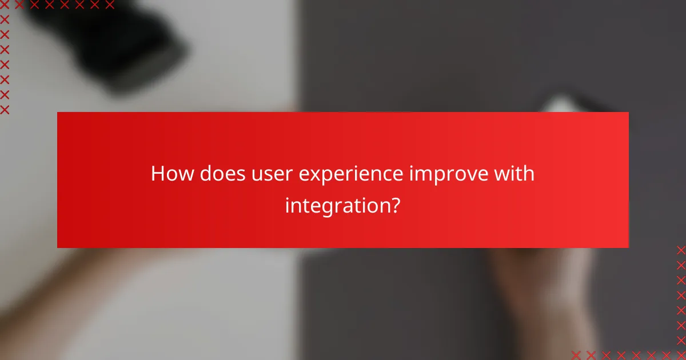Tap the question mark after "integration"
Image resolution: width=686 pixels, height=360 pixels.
(x=394, y=205)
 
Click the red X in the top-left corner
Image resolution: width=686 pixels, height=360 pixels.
(x=5, y=5)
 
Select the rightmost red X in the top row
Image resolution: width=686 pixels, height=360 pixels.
(x=109, y=5)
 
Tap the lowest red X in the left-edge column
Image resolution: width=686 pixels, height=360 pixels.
(x=5, y=110)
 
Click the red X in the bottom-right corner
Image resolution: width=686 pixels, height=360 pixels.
(x=681, y=354)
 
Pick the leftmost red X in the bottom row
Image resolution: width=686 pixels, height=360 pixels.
(x=577, y=354)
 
